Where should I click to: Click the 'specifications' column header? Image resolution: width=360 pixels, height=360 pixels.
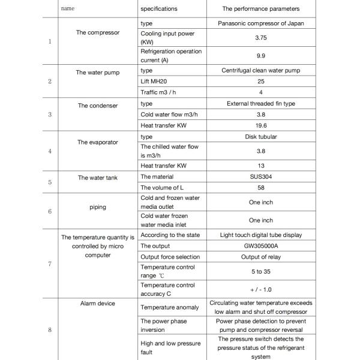tap(158, 9)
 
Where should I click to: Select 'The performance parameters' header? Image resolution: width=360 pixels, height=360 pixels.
tap(260, 9)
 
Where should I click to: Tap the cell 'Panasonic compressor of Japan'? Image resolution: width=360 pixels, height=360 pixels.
tap(260, 23)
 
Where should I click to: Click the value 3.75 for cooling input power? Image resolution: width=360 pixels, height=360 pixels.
tap(260, 37)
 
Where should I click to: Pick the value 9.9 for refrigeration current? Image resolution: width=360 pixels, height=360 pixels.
tap(260, 56)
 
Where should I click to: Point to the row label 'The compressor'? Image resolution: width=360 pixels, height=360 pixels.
tap(98, 32)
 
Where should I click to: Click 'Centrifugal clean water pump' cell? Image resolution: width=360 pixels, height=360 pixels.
tap(260, 71)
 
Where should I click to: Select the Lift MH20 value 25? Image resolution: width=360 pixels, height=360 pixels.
tap(260, 82)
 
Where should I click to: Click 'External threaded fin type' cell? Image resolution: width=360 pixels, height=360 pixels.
tap(260, 104)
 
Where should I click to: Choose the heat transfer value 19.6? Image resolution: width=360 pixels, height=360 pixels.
tap(260, 126)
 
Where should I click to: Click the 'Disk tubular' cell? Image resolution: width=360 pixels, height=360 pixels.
tap(260, 137)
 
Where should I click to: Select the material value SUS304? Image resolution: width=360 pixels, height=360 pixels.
tap(260, 177)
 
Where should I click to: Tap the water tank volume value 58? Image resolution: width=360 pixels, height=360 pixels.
tap(260, 188)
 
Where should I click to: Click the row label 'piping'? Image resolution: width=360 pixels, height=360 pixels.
tap(98, 207)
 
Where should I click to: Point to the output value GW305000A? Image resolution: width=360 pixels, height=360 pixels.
tap(260, 246)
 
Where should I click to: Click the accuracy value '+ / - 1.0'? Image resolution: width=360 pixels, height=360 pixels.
tap(260, 289)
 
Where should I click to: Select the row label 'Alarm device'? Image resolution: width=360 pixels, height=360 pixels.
tap(98, 304)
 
